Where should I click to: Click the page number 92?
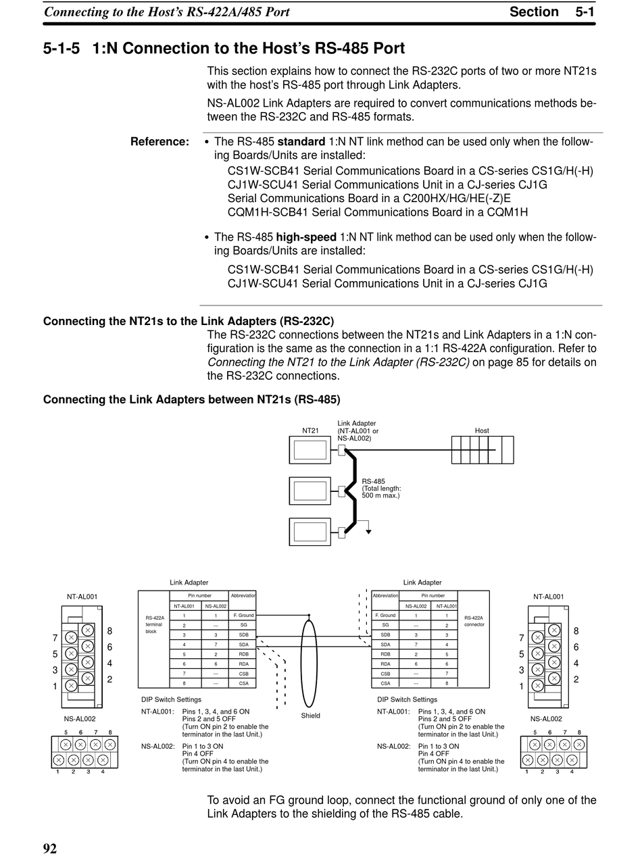(50, 849)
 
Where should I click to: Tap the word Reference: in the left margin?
(159, 142)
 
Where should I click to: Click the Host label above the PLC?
(482, 430)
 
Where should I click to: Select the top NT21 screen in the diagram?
(310, 450)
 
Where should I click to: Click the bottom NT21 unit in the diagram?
(310, 531)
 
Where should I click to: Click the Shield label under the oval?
(311, 715)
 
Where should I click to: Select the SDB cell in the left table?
(243, 635)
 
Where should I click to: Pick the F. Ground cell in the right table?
(385, 616)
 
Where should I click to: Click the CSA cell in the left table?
(243, 683)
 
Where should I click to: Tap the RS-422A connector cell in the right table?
(474, 621)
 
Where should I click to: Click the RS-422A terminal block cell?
(155, 624)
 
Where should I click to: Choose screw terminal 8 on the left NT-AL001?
(87, 630)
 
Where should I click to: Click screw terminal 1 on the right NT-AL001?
(537, 685)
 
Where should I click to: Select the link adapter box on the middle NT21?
(342, 491)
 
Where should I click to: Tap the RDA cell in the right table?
(385, 664)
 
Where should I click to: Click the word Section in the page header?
(534, 11)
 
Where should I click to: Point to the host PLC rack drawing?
(483, 450)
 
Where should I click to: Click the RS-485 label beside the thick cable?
(373, 482)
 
